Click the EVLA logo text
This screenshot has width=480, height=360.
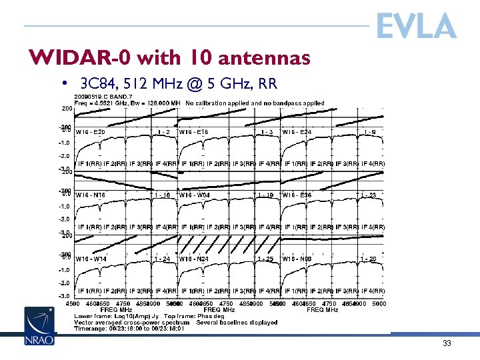416,27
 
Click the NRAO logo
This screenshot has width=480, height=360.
40,326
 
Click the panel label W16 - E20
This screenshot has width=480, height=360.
91,132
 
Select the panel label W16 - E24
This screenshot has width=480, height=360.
297,132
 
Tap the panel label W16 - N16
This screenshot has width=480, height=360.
91,195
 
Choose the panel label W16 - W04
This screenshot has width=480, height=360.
195,195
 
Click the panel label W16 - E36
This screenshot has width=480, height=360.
297,195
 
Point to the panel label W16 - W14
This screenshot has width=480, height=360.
91,259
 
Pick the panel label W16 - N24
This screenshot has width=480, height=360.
195,259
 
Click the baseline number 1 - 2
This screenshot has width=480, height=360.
163,132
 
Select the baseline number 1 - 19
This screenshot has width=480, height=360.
265,195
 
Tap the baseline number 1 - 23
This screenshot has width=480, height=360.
369,195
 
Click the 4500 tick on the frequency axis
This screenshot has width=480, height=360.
73,303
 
